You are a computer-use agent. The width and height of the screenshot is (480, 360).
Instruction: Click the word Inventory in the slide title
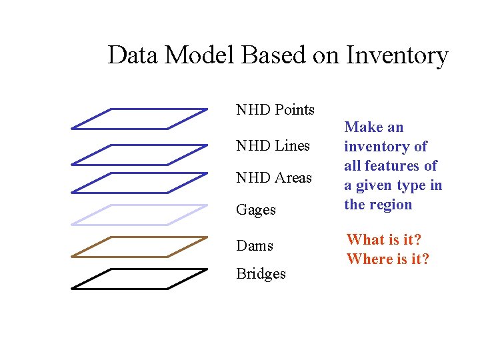coord(397,55)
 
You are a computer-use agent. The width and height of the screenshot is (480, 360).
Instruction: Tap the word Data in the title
coord(133,55)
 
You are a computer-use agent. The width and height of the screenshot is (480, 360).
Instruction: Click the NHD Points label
coord(275,109)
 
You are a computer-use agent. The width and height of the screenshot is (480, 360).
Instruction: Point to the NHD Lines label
coord(273,145)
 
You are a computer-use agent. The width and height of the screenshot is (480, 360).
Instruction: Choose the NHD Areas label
coord(274,177)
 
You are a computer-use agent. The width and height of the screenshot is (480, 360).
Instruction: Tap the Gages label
coord(256,210)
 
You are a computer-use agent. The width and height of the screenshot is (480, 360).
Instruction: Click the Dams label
coord(255,245)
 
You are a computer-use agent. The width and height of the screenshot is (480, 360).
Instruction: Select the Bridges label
coord(261,274)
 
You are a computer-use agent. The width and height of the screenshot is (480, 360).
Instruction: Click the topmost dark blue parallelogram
coord(139,118)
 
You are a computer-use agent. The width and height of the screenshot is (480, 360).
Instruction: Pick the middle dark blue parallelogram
coord(139,154)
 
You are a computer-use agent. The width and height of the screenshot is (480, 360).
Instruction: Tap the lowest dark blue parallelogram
coord(139,183)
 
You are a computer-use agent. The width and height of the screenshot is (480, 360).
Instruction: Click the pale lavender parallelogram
coord(139,215)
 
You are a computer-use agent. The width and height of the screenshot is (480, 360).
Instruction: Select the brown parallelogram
coord(139,246)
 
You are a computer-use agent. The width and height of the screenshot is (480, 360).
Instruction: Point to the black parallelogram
coord(139,279)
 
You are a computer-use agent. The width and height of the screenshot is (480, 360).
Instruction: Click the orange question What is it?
coord(384,239)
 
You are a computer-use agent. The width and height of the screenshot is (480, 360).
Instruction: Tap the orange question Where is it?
coord(388,259)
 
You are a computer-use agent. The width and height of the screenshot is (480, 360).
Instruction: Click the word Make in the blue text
coord(365,127)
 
